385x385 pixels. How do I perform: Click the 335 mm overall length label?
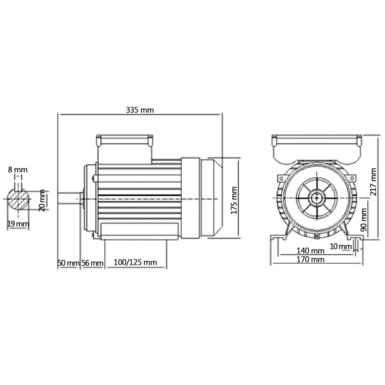click(x=139, y=110)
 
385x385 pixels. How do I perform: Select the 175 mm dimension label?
click(x=234, y=200)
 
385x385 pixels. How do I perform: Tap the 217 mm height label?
click(x=373, y=181)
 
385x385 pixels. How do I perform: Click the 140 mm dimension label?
click(x=310, y=251)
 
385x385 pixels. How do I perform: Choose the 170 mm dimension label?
click(x=310, y=259)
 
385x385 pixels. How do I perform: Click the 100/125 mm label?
click(x=135, y=263)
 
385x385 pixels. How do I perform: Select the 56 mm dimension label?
click(x=92, y=263)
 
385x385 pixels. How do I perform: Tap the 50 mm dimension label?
click(x=68, y=263)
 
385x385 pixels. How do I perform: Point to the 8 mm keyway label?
click(x=18, y=170)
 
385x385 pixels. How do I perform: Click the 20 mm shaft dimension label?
click(x=42, y=200)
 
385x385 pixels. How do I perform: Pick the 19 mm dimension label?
click(x=18, y=224)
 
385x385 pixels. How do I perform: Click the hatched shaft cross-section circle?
click(x=18, y=199)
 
